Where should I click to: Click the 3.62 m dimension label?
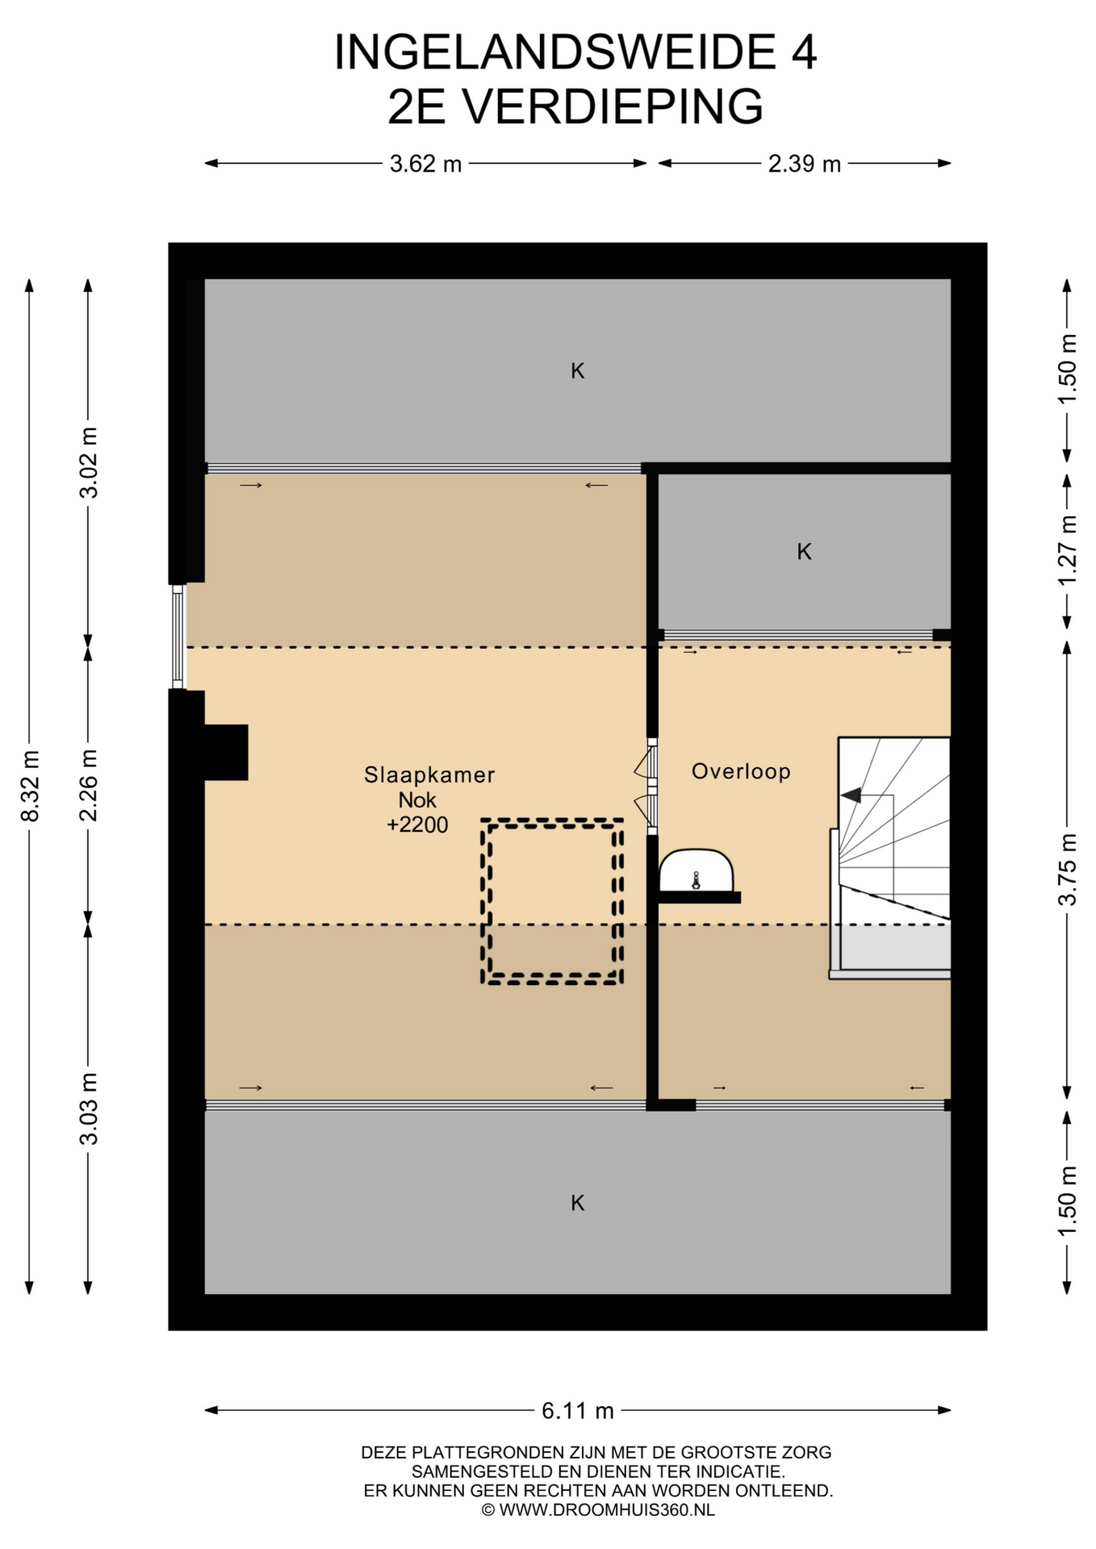[425, 164]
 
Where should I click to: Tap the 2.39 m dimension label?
[804, 164]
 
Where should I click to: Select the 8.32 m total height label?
[30, 786]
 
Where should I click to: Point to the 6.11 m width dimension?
[577, 1410]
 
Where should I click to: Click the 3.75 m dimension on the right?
[1068, 870]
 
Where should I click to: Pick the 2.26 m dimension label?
[88, 785]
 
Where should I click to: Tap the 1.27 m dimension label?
[1068, 552]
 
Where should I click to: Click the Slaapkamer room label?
[429, 775]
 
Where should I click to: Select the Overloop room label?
[741, 771]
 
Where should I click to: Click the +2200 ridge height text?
[417, 825]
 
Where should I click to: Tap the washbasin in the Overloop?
[697, 871]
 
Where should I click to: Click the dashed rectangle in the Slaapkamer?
[483, 901]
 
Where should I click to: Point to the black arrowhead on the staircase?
[851, 795]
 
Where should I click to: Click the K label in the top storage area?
[578, 371]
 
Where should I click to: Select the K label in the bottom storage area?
[578, 1203]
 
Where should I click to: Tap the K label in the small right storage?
[804, 552]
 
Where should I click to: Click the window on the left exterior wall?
[178, 637]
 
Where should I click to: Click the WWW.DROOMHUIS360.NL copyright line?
[598, 1510]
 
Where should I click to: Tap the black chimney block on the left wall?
[226, 752]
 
